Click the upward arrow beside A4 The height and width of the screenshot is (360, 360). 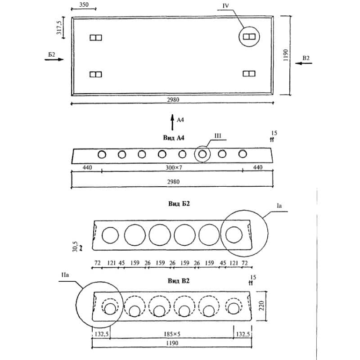coord(172,121)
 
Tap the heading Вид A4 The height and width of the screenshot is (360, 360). coord(173,138)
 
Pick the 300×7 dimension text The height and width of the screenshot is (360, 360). coord(172,168)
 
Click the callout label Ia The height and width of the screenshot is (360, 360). coord(279,205)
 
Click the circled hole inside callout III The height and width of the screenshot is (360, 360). coord(202,154)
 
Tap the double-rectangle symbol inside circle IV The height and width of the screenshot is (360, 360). coord(249,36)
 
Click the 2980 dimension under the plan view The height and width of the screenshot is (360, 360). coord(172,100)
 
